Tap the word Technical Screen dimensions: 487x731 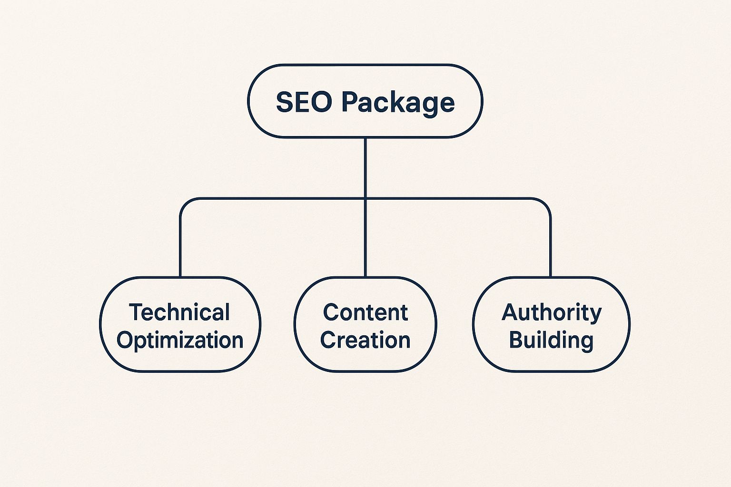179,312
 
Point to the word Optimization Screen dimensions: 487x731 180,341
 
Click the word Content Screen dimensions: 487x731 365,312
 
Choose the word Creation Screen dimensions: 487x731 365,340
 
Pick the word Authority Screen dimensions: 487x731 551,313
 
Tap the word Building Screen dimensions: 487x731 551,341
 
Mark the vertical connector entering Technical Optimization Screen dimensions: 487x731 180,247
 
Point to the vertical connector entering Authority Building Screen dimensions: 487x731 550,247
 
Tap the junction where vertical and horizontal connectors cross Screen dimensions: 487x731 365,198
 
